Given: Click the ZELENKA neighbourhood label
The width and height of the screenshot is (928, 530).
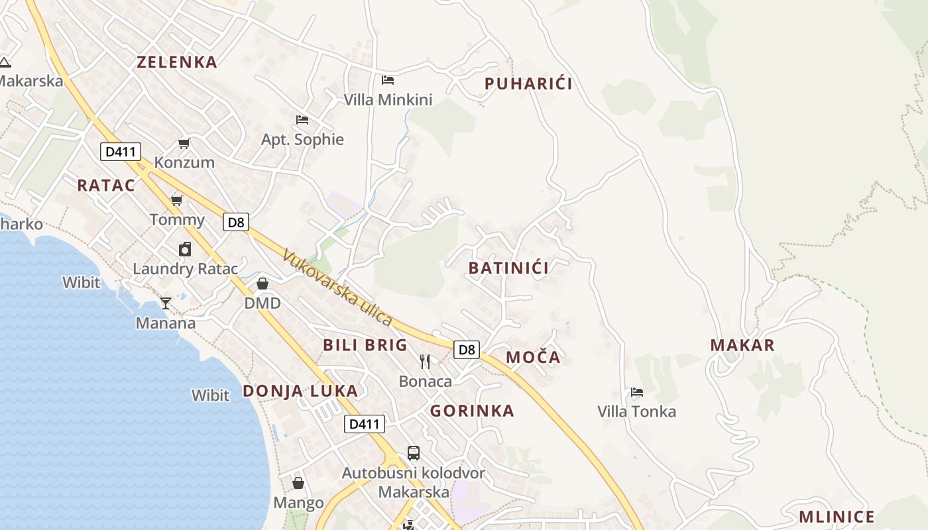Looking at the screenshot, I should point(176,62).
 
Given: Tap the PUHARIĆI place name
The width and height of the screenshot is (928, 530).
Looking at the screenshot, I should point(528,84).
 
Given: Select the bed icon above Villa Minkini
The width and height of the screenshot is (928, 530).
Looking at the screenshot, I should point(388,80).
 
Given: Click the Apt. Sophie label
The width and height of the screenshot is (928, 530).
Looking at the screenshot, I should point(302,140).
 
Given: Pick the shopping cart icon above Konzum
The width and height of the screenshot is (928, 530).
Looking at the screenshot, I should point(184,143).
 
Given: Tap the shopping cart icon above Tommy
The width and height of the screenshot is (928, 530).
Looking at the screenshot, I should point(176,200).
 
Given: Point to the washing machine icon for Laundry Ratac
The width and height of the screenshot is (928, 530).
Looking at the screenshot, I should point(185,249).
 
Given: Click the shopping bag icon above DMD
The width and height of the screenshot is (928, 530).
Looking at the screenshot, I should point(262,284).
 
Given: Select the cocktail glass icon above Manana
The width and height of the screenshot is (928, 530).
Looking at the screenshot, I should point(166,303).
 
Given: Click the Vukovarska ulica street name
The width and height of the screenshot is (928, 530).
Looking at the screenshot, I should point(337,288).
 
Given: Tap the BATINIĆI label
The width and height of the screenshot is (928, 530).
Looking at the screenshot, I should point(508,268).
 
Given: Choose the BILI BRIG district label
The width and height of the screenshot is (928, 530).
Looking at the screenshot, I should point(365,345).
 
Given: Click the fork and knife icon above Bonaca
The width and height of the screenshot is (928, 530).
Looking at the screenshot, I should point(425,362).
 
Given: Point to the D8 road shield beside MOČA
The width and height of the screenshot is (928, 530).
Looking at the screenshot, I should point(467,349).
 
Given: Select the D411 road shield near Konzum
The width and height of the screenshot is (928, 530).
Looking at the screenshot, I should point(120,152).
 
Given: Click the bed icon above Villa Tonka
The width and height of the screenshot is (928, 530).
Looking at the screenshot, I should point(637,392).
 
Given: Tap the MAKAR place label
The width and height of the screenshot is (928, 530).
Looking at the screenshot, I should point(742,345).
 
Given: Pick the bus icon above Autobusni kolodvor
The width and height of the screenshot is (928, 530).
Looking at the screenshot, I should point(414,453).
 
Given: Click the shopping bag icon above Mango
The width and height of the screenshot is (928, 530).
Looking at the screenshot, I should point(298,483).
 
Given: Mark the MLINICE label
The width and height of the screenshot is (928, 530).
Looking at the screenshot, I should point(837,517).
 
